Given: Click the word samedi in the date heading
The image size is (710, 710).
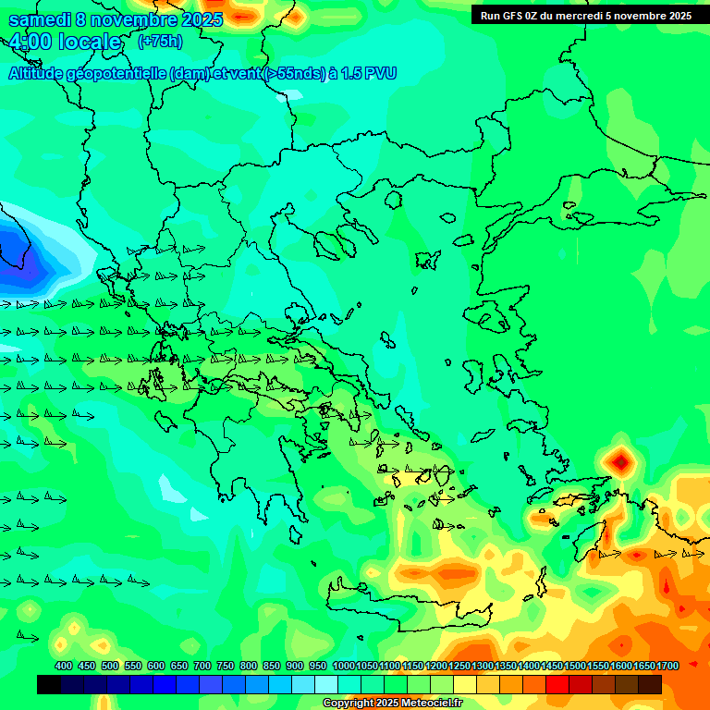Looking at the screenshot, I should (x=39, y=19).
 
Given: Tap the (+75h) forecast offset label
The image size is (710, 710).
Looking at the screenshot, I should (x=160, y=41).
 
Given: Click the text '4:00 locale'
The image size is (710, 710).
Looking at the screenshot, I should (x=65, y=42).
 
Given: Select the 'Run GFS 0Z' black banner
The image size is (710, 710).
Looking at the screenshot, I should (x=585, y=15).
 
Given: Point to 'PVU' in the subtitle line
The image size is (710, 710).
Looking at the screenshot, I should (x=380, y=74).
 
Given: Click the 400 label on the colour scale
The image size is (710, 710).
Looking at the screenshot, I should (x=64, y=666).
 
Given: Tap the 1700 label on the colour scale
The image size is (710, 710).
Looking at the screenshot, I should (x=667, y=666).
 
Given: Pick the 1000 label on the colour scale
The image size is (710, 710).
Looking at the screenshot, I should (x=343, y=666).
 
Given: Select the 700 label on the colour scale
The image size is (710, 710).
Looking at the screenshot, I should (x=202, y=666).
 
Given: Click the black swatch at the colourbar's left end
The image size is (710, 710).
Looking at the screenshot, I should (x=49, y=684).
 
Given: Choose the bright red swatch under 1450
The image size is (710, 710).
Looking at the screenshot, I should (x=557, y=684).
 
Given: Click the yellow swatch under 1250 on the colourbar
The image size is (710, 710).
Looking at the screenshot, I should (x=464, y=684).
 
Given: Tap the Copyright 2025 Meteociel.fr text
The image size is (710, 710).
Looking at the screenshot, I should (x=392, y=704).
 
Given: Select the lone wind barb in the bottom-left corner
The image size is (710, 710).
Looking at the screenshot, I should (x=28, y=636).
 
